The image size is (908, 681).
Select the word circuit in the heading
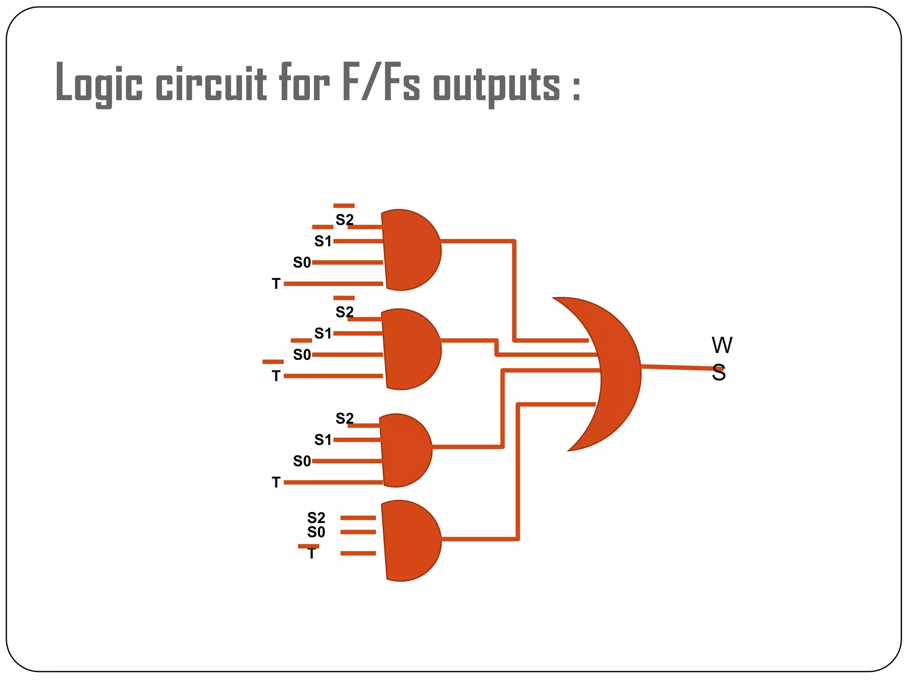[211, 83]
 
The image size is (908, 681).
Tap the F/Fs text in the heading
[380, 82]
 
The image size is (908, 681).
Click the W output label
[722, 345]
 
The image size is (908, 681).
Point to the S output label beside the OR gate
[718, 373]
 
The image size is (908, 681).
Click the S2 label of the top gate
[344, 220]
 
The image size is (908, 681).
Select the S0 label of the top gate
[302, 262]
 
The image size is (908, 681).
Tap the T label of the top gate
[276, 284]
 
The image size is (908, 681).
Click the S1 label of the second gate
[323, 333]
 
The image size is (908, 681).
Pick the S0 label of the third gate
[302, 461]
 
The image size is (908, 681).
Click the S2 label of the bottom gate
[316, 517]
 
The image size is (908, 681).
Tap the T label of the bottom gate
[312, 554]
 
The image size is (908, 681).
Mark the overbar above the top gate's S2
[344, 206]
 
